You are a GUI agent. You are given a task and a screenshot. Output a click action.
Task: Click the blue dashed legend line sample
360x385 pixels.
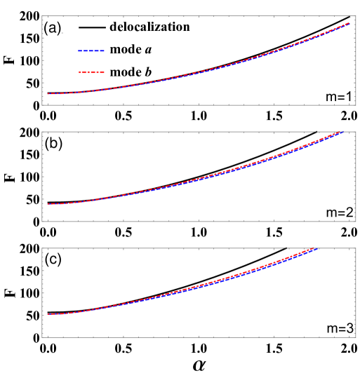tap(91, 50)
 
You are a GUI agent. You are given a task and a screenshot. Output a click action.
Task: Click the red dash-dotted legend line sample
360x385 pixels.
tap(91, 72)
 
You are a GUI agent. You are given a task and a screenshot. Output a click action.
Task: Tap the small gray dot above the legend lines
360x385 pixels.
tap(62, 33)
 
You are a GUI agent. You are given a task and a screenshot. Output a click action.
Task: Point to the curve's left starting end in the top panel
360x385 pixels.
tap(48, 93)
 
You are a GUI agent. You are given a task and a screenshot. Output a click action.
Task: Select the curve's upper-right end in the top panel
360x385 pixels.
tap(349, 23)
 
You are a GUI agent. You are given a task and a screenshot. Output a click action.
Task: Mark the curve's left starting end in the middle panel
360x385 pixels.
tap(48, 204)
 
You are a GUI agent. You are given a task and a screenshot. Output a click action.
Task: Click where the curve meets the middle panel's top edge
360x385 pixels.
tap(342, 132)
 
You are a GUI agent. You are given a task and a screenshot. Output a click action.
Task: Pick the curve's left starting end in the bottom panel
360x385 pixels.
tap(48, 314)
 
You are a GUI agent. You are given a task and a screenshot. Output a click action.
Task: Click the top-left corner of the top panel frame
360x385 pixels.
tap(42, 16)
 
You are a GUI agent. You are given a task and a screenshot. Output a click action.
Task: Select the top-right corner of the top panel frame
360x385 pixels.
tap(356, 16)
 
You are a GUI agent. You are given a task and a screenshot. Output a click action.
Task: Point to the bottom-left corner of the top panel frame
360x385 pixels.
tap(42, 105)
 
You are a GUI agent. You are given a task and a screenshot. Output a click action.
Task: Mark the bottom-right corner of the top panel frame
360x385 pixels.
tap(356, 105)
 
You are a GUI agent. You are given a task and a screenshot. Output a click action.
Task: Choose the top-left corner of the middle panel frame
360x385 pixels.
tap(42, 132)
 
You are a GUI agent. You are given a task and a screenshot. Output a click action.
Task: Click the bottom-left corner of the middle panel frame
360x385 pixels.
tap(42, 222)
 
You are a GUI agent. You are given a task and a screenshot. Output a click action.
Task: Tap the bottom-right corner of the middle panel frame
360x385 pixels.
tap(356, 222)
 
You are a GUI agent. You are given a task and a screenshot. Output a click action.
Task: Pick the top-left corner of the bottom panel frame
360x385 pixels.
tap(42, 248)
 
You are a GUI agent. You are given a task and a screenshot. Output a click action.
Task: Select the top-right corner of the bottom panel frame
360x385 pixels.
tap(356, 248)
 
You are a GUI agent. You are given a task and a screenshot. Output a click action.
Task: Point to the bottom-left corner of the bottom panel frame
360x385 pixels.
tap(42, 337)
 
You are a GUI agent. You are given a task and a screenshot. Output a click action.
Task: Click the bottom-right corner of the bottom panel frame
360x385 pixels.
tap(356, 337)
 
